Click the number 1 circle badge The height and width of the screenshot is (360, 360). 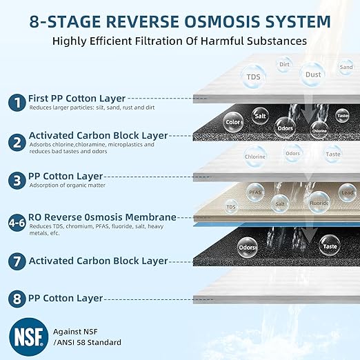[15, 103]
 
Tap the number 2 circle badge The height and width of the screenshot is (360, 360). [15, 142]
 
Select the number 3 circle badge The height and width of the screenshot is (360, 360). [15, 181]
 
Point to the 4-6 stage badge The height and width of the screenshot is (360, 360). [15, 223]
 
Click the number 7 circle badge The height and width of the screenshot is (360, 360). [15, 261]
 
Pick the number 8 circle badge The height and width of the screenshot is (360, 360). [15, 299]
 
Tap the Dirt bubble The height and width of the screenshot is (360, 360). [284, 65]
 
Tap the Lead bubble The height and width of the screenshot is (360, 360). [345, 188]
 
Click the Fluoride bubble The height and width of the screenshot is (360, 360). [318, 203]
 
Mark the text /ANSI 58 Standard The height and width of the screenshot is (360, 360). [77, 343]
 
